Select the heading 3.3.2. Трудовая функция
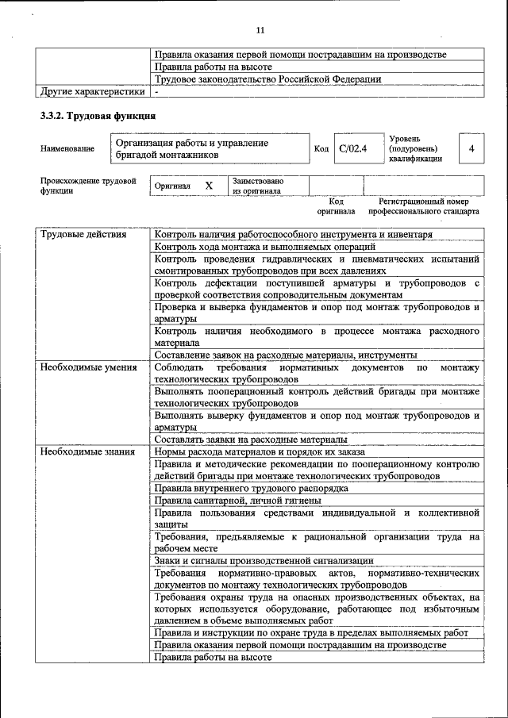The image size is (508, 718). click(x=97, y=116)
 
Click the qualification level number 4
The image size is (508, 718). click(x=471, y=148)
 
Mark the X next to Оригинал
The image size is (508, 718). click(x=209, y=186)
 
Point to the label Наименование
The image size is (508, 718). click(x=67, y=148)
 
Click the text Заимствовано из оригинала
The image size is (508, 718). click(x=258, y=186)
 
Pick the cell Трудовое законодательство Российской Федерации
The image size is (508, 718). click(x=267, y=79)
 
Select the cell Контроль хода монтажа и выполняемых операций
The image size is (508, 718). click(x=265, y=247)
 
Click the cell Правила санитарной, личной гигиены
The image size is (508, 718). click(x=237, y=501)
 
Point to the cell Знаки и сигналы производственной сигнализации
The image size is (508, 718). click(x=264, y=560)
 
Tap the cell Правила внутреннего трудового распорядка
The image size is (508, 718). click(x=252, y=488)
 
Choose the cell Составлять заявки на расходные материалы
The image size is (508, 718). click(x=250, y=439)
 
